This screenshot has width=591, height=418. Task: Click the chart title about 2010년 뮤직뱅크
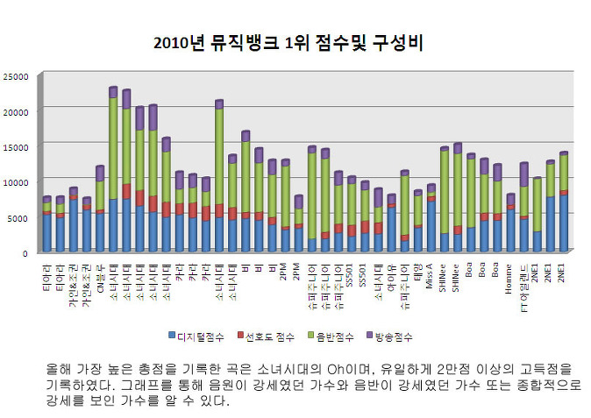click(296, 43)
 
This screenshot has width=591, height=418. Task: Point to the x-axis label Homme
click(510, 273)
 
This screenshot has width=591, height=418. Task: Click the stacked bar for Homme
click(510, 223)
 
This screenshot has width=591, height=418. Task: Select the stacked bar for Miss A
click(431, 219)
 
